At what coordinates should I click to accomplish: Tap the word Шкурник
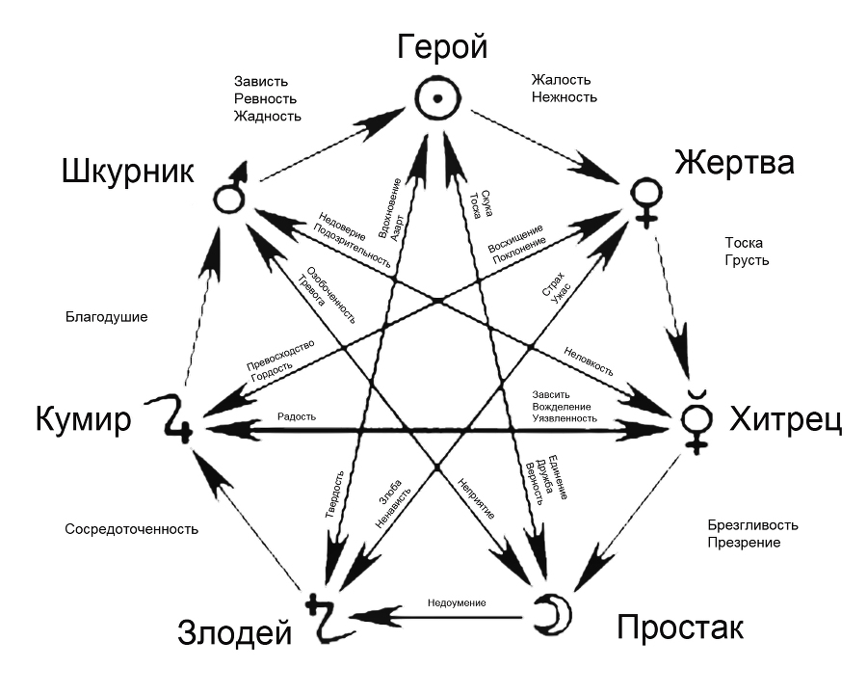pyautogui.click(x=128, y=173)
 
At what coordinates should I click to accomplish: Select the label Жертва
pyautogui.click(x=734, y=162)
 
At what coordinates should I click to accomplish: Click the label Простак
pyautogui.click(x=679, y=628)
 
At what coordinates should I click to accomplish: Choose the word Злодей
pyautogui.click(x=234, y=633)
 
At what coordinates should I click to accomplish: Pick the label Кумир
pyautogui.click(x=83, y=421)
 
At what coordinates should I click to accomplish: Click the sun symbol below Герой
pyautogui.click(x=437, y=97)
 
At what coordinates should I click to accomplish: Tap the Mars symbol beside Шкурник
pyautogui.click(x=227, y=194)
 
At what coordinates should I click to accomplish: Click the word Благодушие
pyautogui.click(x=107, y=316)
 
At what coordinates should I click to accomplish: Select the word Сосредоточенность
pyautogui.click(x=131, y=529)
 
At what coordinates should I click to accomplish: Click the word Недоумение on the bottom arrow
pyautogui.click(x=457, y=602)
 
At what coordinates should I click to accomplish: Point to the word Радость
pyautogui.click(x=296, y=416)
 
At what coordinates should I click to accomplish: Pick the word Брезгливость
pyautogui.click(x=752, y=525)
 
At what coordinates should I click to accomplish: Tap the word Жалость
pyautogui.click(x=562, y=80)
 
